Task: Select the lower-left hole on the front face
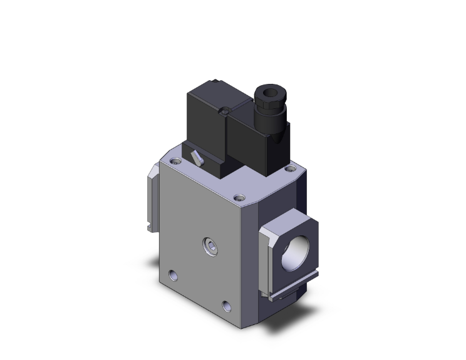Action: pyautogui.click(x=173, y=274)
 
